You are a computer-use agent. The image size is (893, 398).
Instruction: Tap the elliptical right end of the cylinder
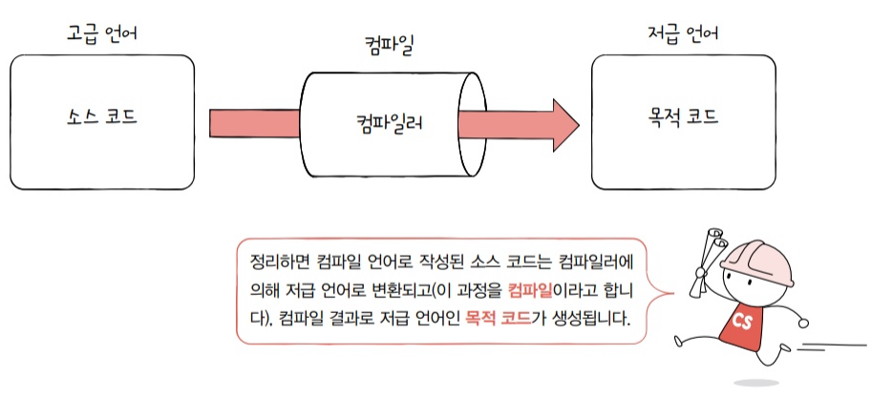469,123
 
